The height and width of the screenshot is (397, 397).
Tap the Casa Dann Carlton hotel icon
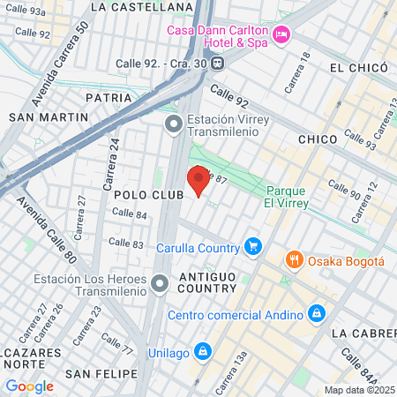point(281,35)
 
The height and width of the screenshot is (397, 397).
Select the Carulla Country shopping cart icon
point(253,245)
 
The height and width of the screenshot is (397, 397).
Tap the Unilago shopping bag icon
point(203,350)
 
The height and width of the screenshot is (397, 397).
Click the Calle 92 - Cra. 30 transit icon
point(218,64)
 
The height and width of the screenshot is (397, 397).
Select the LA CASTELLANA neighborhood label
point(141,7)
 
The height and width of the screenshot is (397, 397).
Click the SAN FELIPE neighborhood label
point(104,375)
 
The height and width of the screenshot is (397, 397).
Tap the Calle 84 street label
point(130,214)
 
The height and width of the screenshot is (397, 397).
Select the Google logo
point(29,386)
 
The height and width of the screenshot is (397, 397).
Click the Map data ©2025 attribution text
point(358,390)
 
